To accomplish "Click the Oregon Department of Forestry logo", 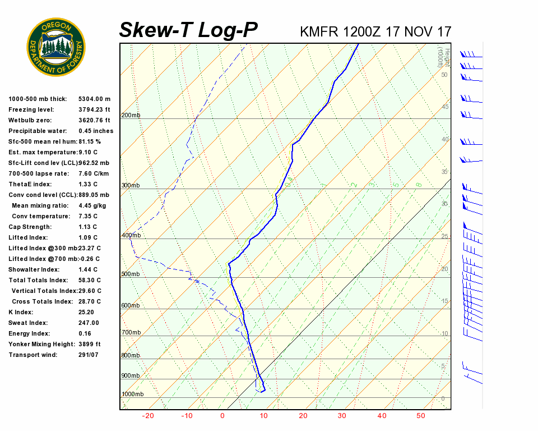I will (56, 47).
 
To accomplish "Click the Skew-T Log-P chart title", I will (188, 30).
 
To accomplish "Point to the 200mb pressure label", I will (131, 116).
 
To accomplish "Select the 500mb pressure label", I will (131, 274).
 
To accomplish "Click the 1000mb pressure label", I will (132, 395).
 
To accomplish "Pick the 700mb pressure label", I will (131, 333).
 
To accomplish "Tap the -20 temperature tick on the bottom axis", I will (148, 416).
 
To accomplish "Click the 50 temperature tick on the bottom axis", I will (421, 416).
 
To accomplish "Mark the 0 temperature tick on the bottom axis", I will (222, 416).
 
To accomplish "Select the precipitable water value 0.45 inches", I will (96, 131).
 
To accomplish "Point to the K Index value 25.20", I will (86, 312).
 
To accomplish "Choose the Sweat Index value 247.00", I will (89, 323).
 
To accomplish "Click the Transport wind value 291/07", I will (88, 355).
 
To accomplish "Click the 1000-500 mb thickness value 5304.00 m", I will (95, 99).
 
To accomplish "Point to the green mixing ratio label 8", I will (419, 185).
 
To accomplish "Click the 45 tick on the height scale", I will (446, 107).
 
